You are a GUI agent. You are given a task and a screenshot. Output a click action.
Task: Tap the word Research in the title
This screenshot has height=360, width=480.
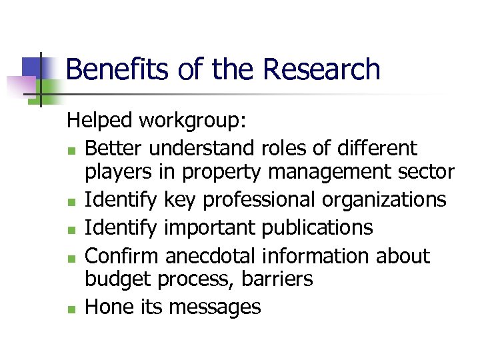[321, 69]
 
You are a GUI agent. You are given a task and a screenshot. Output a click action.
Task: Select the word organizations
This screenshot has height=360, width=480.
[389, 199]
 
